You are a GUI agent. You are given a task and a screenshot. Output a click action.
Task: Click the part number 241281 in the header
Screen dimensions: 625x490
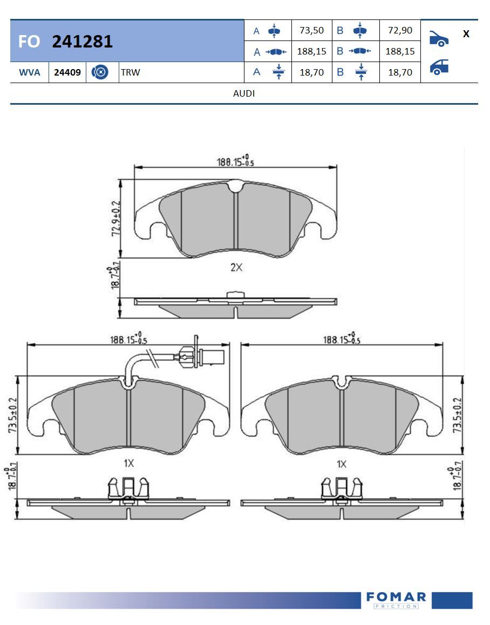point(82,42)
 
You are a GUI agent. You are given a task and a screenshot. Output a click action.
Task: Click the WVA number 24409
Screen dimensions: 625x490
point(67,72)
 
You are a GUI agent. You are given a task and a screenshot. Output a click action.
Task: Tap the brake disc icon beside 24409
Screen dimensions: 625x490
point(100,72)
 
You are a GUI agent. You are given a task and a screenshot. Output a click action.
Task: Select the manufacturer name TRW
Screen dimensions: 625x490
point(131,72)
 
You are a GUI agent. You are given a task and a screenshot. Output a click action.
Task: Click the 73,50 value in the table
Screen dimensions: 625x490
point(311,31)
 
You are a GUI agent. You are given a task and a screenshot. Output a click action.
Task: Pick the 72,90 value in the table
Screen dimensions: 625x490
point(400,31)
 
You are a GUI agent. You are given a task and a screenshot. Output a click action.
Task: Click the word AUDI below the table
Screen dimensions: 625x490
point(244,93)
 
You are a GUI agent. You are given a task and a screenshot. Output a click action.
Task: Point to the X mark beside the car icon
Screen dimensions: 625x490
point(466,34)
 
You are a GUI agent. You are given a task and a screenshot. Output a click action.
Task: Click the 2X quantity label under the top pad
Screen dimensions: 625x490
point(236,267)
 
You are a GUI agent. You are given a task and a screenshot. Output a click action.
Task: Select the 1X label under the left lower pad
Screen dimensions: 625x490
point(128,463)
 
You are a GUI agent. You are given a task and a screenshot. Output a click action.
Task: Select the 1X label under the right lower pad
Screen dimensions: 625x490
point(341,464)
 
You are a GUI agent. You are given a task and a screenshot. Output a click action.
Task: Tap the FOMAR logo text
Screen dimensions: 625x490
point(396,597)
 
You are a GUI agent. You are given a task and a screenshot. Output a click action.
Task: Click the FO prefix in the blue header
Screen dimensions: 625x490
point(29,42)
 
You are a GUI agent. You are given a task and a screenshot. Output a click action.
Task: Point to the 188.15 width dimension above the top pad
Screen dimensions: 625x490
point(235,161)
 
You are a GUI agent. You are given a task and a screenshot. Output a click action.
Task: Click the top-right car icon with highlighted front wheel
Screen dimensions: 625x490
point(439,38)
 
